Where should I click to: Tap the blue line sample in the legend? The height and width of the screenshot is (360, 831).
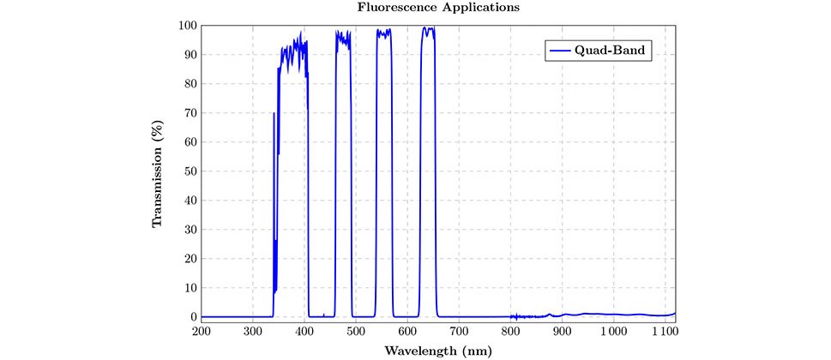[560, 51]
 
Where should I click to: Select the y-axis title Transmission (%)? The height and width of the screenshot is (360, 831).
[157, 171]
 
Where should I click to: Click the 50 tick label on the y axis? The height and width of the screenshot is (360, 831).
[190, 171]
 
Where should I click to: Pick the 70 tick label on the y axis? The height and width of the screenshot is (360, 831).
[190, 113]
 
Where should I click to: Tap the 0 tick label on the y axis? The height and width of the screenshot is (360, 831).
[192, 317]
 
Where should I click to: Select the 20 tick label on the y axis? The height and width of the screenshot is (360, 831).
[190, 259]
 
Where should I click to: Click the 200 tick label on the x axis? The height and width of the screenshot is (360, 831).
[202, 331]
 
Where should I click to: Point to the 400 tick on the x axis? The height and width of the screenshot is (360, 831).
[304, 331]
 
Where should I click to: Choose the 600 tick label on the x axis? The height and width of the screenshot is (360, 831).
[407, 331]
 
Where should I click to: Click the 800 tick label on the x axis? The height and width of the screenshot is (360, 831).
[510, 331]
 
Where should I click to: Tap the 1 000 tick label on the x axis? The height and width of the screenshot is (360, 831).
[612, 331]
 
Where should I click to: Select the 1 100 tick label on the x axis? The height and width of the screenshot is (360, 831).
[664, 331]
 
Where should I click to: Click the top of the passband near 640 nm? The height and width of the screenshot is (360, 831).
[428, 29]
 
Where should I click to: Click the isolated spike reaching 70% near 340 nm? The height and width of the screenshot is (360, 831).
[274, 113]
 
